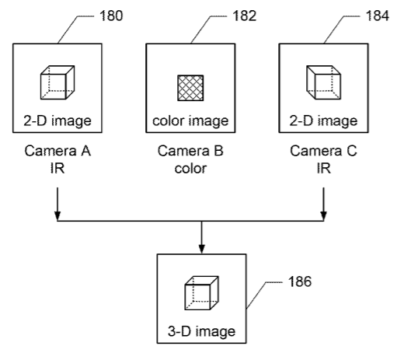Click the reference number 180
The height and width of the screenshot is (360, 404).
[111, 16]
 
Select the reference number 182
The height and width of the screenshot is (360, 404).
[245, 16]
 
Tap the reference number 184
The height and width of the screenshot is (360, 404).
[378, 16]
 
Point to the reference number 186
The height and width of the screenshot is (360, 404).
[300, 281]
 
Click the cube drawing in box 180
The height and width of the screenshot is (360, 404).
[57, 82]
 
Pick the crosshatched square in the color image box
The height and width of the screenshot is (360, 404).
[190, 88]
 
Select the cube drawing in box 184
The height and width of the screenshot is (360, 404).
[324, 82]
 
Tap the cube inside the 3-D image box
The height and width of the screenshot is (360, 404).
[202, 293]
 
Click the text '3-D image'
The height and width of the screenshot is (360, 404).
[201, 331]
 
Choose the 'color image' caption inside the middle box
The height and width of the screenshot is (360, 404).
[190, 121]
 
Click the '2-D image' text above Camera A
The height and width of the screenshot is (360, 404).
[57, 121]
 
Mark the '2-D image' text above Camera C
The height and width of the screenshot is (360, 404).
[323, 121]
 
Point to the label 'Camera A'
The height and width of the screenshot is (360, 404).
[57, 151]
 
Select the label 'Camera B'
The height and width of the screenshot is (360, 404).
[190, 151]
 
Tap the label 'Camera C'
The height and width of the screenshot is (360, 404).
[323, 151]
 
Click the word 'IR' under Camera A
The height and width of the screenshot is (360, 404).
[57, 169]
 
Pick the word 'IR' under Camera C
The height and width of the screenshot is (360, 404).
[324, 169]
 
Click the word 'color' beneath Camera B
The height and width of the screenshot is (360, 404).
[190, 169]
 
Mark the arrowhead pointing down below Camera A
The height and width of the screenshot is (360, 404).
[57, 216]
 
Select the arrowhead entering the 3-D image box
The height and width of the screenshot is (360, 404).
[202, 249]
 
